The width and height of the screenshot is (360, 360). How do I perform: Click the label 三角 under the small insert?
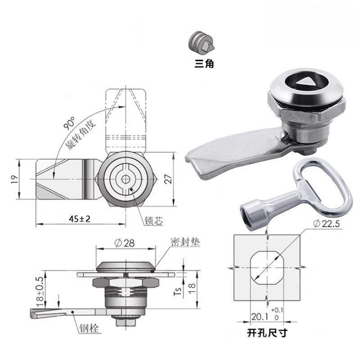204,63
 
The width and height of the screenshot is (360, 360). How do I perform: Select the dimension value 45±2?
80,219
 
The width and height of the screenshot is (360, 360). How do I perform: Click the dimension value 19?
14,179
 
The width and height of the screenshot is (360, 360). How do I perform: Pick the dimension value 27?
169,179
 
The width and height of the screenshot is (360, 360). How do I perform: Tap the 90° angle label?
69,123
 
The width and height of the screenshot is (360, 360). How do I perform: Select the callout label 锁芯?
153,220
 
